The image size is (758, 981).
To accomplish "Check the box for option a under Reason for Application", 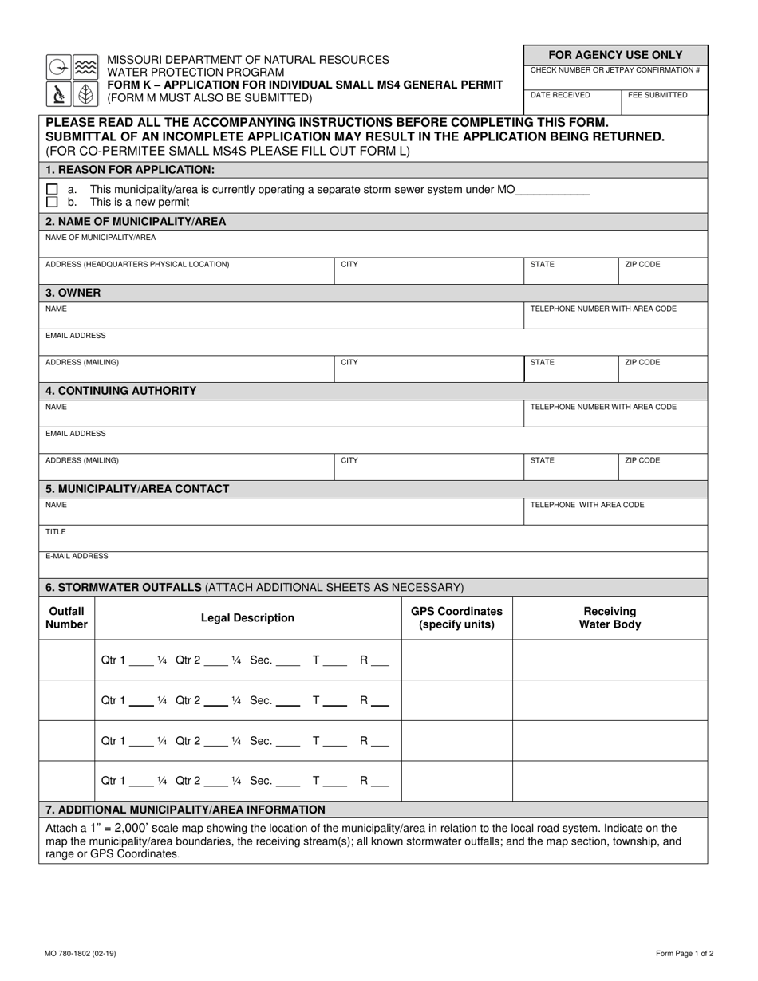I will [52, 190].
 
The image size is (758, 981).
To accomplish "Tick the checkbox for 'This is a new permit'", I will [52, 203].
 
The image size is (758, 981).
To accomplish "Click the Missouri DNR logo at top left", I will [72, 81].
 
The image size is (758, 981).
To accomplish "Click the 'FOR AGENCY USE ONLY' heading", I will [614, 55].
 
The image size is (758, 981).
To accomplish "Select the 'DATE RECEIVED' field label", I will [560, 95].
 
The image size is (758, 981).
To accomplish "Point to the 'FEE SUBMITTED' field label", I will [657, 95].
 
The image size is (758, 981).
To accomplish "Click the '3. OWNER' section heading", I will [73, 293].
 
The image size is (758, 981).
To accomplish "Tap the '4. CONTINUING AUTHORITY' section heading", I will [121, 391].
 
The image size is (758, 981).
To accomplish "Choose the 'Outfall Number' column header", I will [66, 618].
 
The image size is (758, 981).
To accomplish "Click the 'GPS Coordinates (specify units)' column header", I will [456, 618].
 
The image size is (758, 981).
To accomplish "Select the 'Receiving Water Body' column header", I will [610, 618].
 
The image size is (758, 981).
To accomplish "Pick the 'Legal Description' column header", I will [247, 618].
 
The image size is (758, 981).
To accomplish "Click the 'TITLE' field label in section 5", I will [56, 532].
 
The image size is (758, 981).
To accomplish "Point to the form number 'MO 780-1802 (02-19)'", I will [80, 954].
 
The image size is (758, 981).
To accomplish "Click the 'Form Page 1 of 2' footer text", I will [685, 954].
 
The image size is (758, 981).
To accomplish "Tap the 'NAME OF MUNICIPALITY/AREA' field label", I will [101, 238].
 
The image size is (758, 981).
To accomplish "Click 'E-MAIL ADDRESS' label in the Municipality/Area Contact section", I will [77, 556].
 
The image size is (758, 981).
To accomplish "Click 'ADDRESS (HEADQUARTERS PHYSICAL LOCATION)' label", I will [137, 264].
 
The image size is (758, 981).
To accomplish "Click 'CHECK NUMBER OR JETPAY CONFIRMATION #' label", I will [614, 70].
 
